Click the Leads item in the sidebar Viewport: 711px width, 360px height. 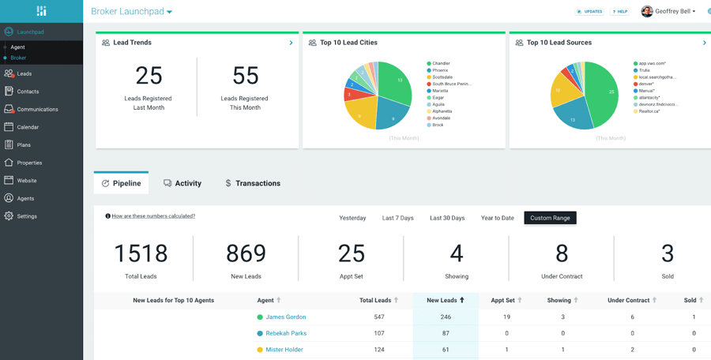pyautogui.click(x=24, y=73)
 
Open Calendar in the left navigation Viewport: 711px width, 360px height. pyautogui.click(x=28, y=127)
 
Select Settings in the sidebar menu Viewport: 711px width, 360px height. pyautogui.click(x=27, y=216)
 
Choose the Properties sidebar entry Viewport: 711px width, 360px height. pyautogui.click(x=29, y=163)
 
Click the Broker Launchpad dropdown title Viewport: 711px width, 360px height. pyautogui.click(x=131, y=12)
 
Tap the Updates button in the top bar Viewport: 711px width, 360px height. pyautogui.click(x=589, y=12)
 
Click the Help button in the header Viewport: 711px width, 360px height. pyautogui.click(x=620, y=12)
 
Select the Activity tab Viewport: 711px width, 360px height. pyautogui.click(x=182, y=183)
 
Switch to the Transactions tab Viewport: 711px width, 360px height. pyautogui.click(x=253, y=183)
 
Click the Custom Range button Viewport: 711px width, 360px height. pyautogui.click(x=550, y=218)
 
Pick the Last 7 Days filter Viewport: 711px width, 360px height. pyautogui.click(x=397, y=218)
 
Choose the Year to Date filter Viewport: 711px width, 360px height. pyautogui.click(x=497, y=218)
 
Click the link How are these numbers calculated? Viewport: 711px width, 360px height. pyautogui.click(x=153, y=216)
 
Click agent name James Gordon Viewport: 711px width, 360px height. pyautogui.click(x=285, y=317)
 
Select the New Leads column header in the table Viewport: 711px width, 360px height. pyautogui.click(x=446, y=300)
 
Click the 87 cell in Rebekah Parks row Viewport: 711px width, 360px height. pyautogui.click(x=446, y=333)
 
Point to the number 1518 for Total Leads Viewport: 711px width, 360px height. pyautogui.click(x=141, y=253)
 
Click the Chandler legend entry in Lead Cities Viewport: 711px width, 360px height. pyautogui.click(x=441, y=63)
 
